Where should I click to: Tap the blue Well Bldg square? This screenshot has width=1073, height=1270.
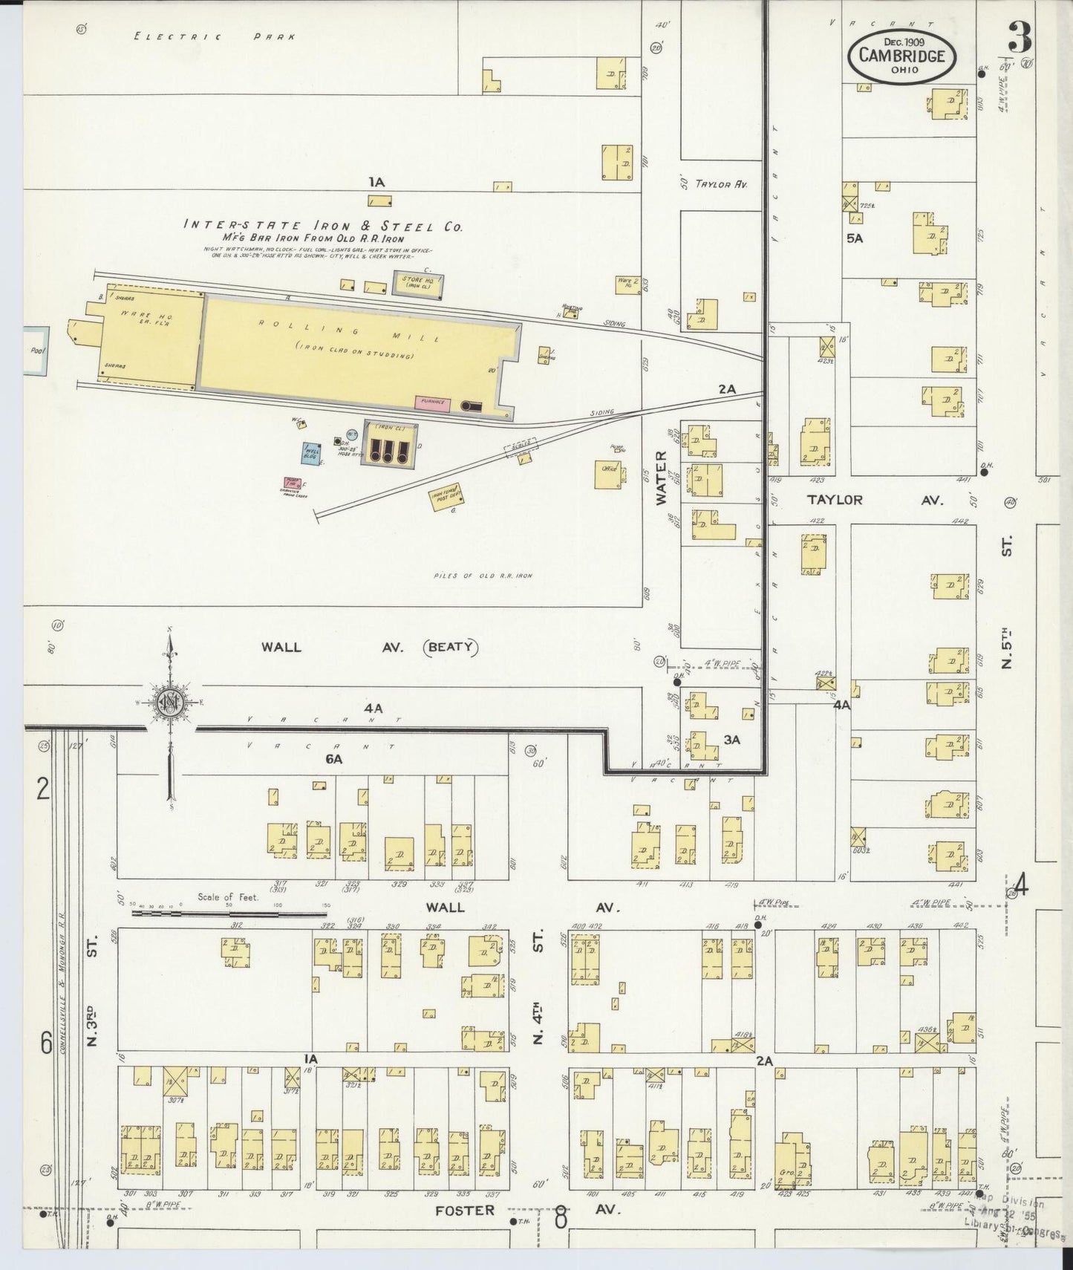point(310,453)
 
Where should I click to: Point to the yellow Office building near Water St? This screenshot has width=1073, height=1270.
point(607,474)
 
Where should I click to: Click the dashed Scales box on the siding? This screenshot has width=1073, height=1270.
point(521,448)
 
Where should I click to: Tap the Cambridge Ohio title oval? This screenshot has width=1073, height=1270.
point(901,55)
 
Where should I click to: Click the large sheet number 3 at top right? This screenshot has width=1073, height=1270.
point(1020,36)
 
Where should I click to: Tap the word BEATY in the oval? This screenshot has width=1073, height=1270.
point(451,647)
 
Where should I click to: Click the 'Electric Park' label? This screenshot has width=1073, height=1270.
point(215,36)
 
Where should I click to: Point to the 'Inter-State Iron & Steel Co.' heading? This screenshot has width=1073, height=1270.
point(322,225)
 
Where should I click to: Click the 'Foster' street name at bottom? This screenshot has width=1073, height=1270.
point(465,1211)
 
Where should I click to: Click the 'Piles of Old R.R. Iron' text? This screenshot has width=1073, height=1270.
point(483,576)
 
